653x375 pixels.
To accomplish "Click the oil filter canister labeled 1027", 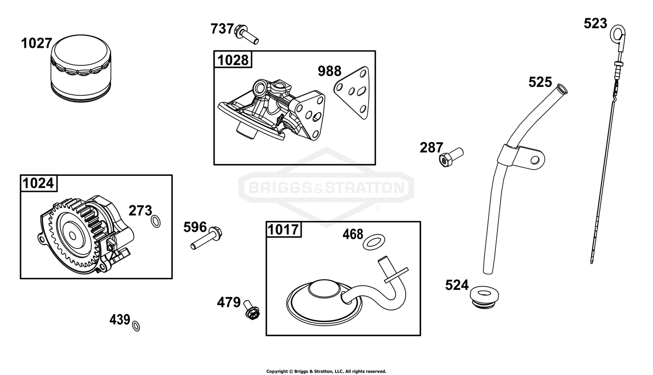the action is click(81, 68).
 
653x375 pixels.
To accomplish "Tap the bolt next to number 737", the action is click(247, 34).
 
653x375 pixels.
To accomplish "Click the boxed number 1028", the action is click(233, 60).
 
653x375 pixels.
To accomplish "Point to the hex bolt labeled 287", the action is click(451, 157).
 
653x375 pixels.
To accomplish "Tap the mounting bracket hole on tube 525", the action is click(535, 160).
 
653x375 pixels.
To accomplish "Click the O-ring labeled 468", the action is click(374, 241).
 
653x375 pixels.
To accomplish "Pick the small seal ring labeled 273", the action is click(156, 221).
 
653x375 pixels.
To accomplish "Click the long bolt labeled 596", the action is click(206, 238).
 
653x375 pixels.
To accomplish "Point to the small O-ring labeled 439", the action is click(136, 326).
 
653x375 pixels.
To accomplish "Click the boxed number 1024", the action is click(38, 184).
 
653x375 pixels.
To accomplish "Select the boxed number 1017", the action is click(283, 230).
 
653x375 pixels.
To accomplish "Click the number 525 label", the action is click(540, 82).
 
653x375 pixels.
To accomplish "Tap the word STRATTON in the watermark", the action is click(365, 187).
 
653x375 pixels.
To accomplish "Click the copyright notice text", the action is click(326, 371).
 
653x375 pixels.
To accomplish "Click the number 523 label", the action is click(595, 23).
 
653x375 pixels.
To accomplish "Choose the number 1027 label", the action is click(37, 44).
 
